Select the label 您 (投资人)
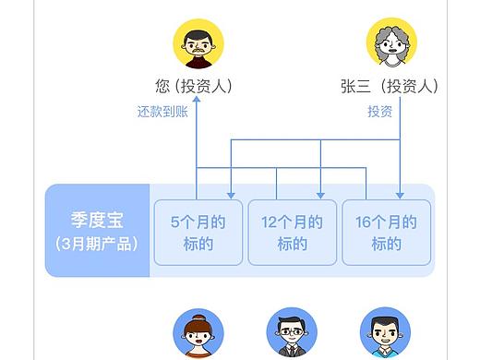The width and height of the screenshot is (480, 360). (x=194, y=87)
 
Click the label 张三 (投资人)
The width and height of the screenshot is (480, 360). (x=389, y=87)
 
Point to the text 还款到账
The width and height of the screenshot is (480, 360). (x=162, y=112)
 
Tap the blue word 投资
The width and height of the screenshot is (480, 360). (x=379, y=112)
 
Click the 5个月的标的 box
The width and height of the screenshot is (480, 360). (x=198, y=233)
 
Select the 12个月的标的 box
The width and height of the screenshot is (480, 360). (x=292, y=233)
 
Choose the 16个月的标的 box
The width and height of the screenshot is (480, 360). (x=386, y=233)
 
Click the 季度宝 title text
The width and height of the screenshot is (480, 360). (x=97, y=222)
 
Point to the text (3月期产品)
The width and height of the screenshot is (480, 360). (x=97, y=245)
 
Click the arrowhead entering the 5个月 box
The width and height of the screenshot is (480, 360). (x=231, y=194)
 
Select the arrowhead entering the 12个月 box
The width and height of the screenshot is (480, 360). (x=319, y=194)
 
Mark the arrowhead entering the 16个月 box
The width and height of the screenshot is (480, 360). (x=399, y=194)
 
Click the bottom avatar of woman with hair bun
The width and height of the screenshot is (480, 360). (x=198, y=334)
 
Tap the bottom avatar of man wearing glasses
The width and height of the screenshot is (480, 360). (x=292, y=334)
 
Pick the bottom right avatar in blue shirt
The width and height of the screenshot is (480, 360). (x=385, y=334)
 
